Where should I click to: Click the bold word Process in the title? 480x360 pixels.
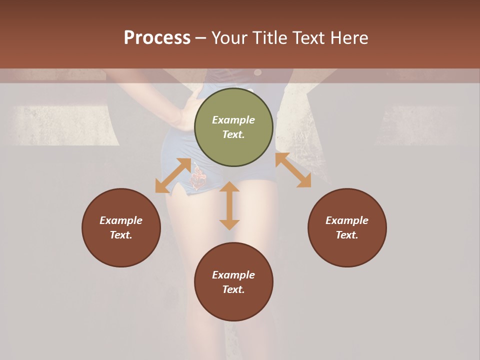tap(157, 38)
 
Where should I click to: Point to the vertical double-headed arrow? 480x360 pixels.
tap(229, 205)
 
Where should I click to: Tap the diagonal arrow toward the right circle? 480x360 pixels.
tap(293, 170)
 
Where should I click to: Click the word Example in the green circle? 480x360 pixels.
tap(233, 120)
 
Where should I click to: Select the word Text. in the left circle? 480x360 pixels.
tap(121, 235)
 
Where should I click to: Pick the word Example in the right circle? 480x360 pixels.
tap(347, 220)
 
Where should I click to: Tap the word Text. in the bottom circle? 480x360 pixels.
tap(233, 289)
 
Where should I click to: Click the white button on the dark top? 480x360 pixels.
tap(257, 72)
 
